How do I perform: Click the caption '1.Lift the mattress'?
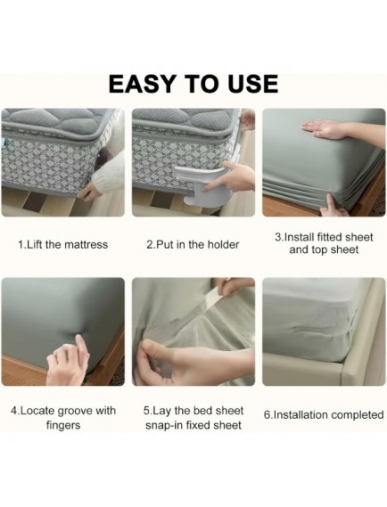point(62,244)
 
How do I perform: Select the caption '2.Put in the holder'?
point(193,244)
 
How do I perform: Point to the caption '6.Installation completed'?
point(324,415)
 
